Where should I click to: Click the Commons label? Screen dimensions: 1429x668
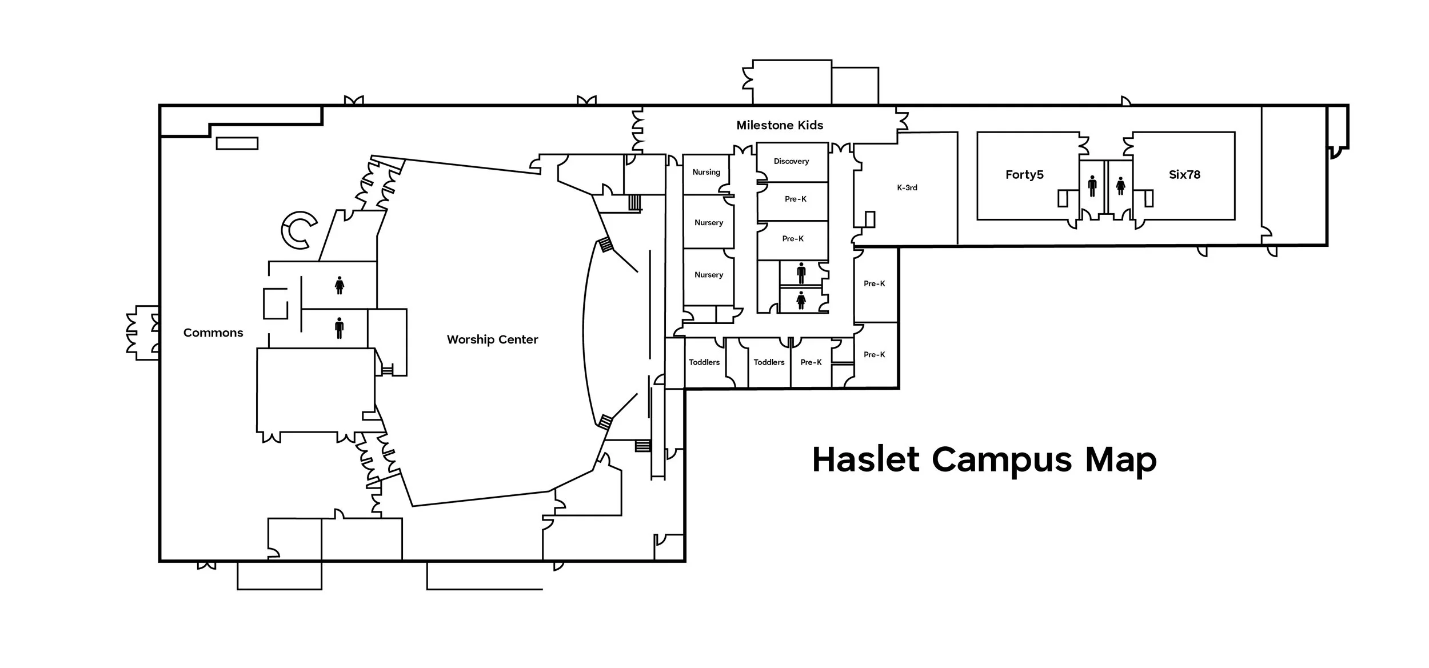tap(213, 333)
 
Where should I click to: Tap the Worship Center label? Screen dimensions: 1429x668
tap(492, 339)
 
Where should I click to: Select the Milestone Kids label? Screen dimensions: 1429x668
tap(780, 125)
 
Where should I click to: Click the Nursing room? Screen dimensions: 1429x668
tap(706, 172)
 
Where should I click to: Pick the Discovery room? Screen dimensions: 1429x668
tap(792, 161)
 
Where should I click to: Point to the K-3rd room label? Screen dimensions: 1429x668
tap(907, 187)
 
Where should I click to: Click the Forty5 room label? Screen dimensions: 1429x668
tap(1024, 175)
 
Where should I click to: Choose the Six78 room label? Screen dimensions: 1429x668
tap(1184, 175)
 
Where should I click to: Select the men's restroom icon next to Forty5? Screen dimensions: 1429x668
tap(1092, 186)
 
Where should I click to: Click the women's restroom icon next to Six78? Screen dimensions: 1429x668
tap(1120, 186)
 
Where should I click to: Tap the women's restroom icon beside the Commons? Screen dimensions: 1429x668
tap(340, 285)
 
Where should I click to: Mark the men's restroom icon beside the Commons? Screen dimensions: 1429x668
tap(340, 328)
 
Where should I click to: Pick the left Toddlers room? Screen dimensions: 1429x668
tap(704, 362)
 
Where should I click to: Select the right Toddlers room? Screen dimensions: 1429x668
tap(769, 362)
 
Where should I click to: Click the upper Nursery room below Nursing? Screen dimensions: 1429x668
tap(709, 222)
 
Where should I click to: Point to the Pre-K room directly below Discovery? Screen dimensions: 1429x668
tap(795, 199)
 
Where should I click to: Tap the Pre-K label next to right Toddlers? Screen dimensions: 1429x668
tap(811, 362)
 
